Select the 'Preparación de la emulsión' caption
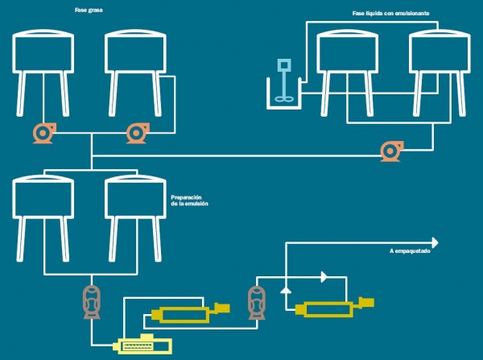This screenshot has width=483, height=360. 190,200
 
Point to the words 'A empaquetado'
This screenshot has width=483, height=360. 411,251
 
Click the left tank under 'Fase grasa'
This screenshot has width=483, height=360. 44,52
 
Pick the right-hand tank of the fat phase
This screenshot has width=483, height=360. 136,52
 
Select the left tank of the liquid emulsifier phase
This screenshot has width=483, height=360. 348,52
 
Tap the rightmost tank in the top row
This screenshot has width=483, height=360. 440,52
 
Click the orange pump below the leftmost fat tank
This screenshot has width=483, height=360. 43,132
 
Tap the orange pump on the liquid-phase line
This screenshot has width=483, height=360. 393,149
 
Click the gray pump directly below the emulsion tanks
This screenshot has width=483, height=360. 92,300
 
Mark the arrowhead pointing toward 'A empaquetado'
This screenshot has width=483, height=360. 435,242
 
